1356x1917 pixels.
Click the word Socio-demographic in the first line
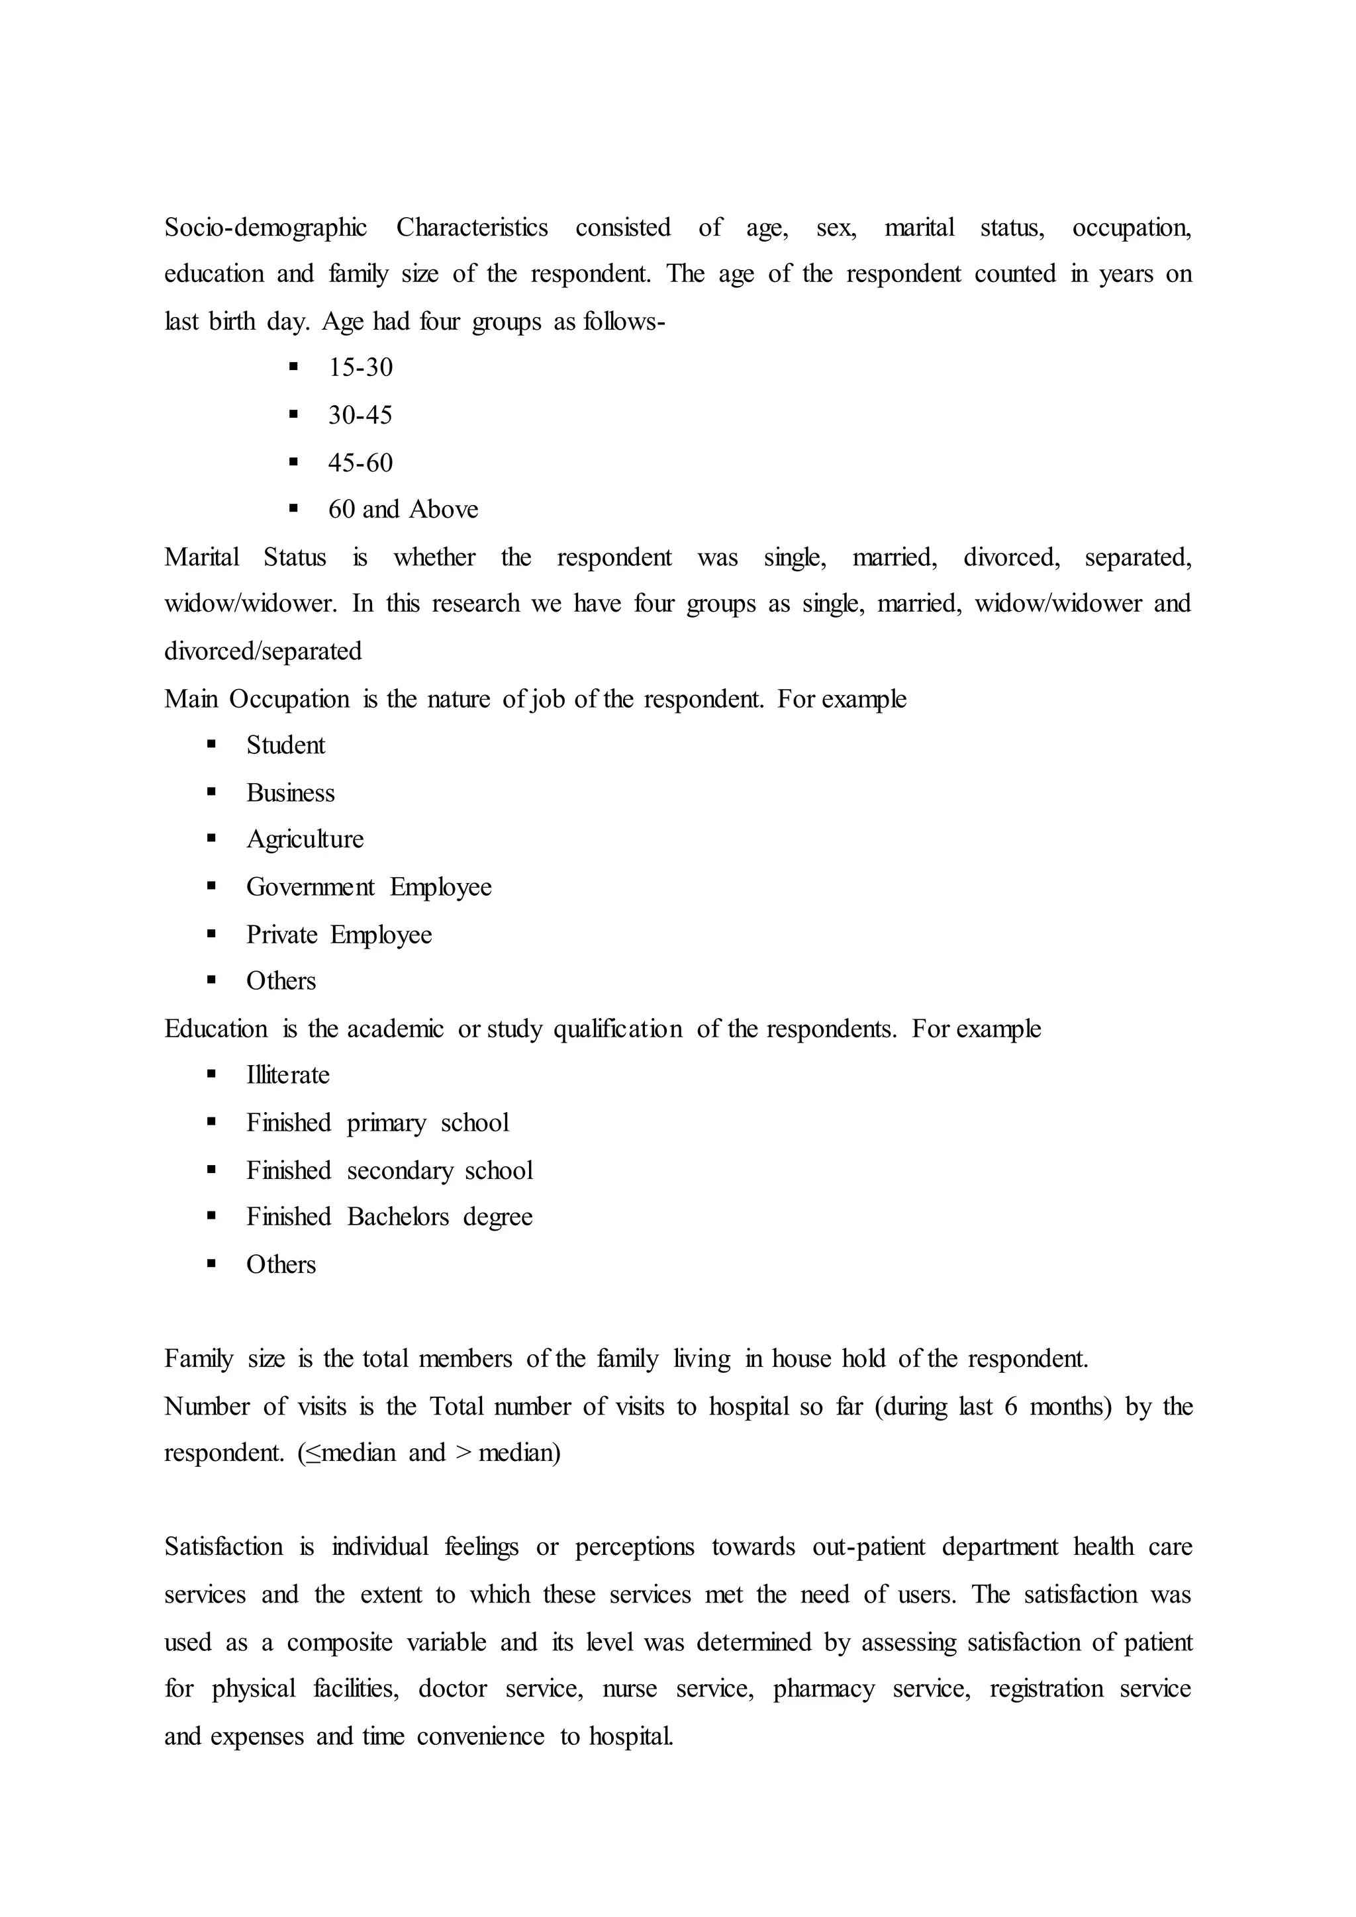(265, 227)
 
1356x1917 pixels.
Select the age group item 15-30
(360, 367)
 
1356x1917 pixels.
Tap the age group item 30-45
(360, 415)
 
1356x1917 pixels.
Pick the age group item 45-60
(360, 463)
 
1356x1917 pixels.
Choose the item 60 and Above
(403, 509)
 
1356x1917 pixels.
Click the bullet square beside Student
(211, 744)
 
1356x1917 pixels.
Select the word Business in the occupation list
(290, 792)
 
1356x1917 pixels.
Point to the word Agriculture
(305, 839)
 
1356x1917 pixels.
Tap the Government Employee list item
(368, 887)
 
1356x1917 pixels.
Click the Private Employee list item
(338, 934)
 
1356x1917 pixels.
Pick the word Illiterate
(287, 1074)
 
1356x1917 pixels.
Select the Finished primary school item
(377, 1122)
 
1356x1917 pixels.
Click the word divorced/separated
(262, 651)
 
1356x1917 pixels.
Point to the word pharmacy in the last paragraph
(823, 1688)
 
